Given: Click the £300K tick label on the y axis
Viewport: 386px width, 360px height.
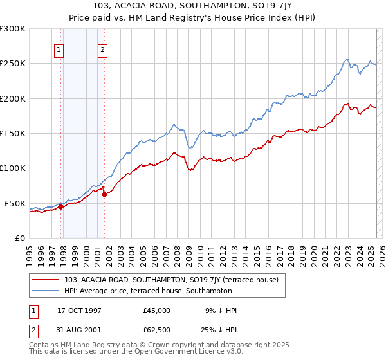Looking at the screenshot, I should pos(13,29).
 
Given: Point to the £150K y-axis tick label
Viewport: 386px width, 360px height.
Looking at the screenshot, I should pos(13,133).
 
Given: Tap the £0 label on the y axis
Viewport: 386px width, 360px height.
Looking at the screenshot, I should pos(19,238).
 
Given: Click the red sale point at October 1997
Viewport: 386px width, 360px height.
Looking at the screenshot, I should pos(61,207).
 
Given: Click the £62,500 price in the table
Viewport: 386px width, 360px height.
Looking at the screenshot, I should pos(156,331).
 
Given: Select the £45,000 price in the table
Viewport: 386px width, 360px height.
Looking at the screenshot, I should pos(156,310).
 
